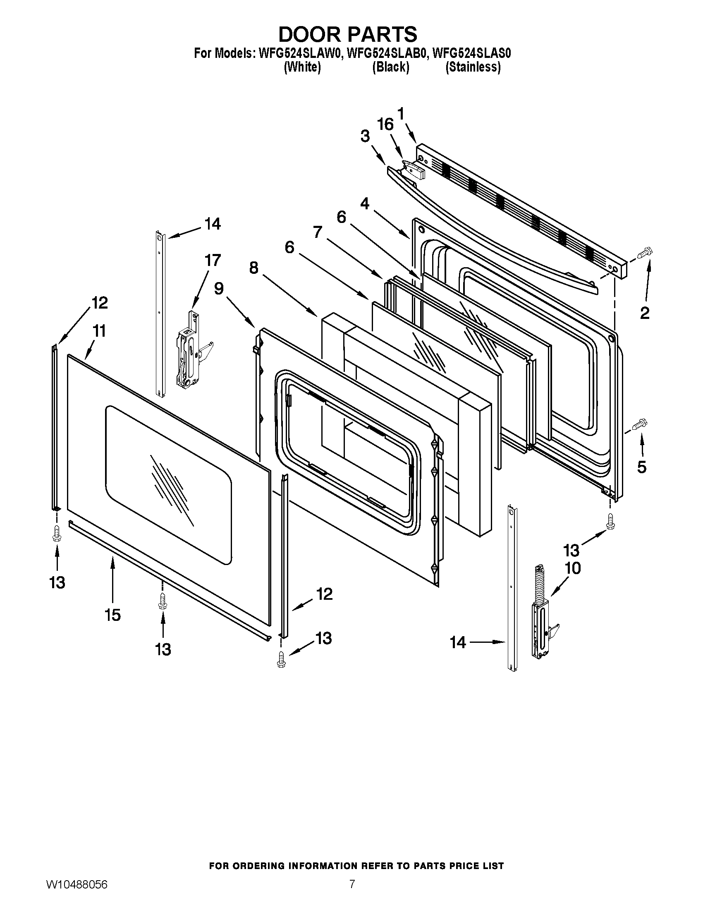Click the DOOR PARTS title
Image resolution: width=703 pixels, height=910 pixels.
click(347, 34)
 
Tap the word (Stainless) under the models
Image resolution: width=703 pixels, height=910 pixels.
click(473, 67)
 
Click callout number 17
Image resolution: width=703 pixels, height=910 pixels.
click(212, 261)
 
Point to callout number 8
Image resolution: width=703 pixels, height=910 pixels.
click(253, 268)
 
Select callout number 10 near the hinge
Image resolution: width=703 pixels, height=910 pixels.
click(573, 568)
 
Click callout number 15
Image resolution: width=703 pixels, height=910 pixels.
click(113, 615)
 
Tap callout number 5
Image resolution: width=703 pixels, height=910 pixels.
click(642, 467)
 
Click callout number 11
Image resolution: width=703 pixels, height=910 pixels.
click(99, 331)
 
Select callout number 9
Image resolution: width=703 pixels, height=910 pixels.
click(219, 288)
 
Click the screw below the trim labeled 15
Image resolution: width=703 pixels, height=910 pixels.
click(163, 602)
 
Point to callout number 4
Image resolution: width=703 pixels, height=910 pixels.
click(365, 204)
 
